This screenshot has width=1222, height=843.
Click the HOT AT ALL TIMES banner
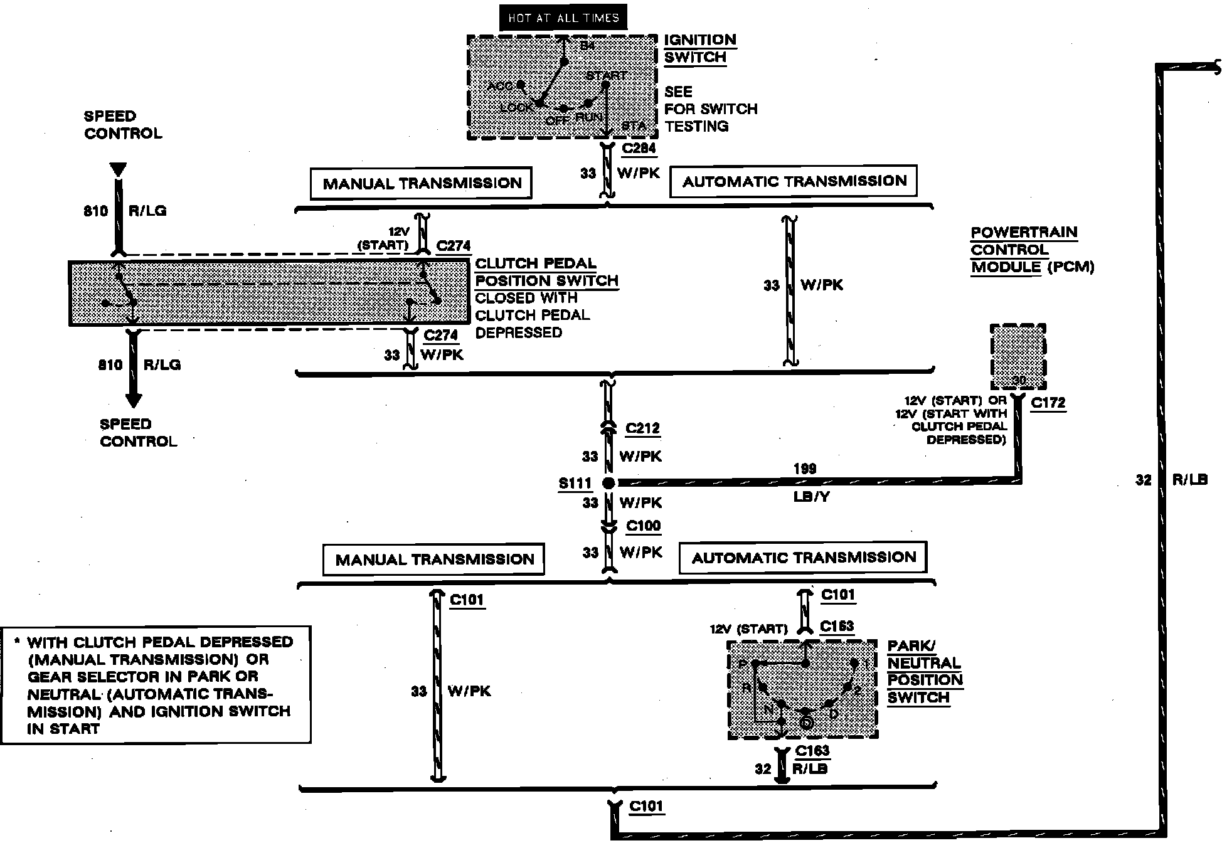(563, 18)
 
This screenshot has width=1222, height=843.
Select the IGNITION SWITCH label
(700, 48)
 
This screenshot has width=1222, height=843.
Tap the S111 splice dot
(608, 483)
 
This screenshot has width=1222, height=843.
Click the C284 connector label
(639, 149)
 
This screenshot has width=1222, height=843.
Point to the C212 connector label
(642, 428)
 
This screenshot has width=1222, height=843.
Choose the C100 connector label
(643, 526)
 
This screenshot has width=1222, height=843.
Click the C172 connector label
(1048, 403)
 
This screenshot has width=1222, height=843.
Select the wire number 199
(805, 469)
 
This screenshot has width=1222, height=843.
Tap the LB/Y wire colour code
(811, 497)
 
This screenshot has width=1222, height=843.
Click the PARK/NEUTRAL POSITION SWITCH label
(924, 672)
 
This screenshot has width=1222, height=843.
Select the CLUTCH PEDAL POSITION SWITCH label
(546, 272)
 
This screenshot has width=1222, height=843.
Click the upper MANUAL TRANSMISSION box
(422, 183)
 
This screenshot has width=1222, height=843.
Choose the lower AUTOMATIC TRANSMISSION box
(803, 558)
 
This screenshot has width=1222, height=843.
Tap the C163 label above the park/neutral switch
(837, 627)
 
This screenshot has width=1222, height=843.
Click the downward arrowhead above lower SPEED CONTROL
(133, 400)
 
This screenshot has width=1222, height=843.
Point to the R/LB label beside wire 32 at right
(1189, 480)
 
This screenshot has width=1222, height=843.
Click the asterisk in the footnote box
(18, 642)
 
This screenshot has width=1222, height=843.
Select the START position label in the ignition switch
(606, 75)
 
